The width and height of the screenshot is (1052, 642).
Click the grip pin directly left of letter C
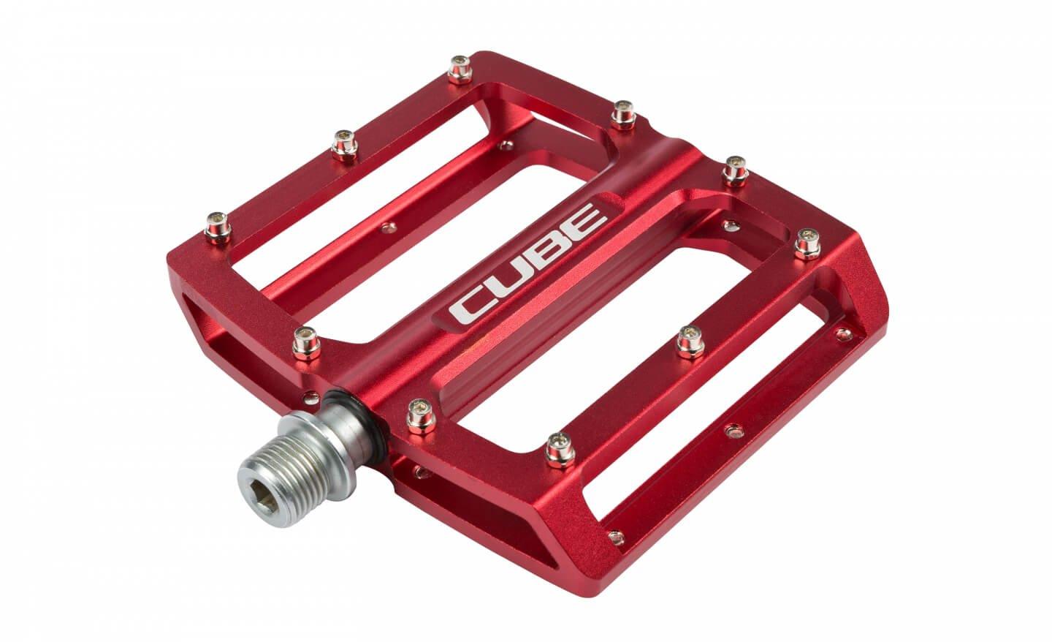[302, 340]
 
